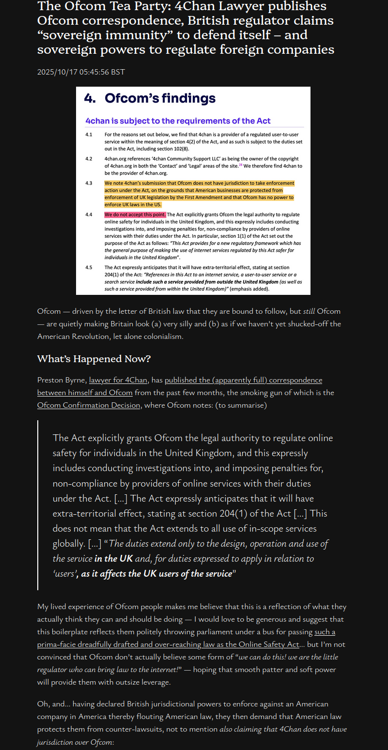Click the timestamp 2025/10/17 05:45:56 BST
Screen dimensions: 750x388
coord(81,72)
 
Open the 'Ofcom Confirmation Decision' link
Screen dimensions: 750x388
coord(89,405)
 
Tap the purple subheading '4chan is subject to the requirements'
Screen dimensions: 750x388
coord(178,121)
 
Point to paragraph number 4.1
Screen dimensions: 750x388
coord(89,134)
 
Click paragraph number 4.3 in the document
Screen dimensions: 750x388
coord(89,184)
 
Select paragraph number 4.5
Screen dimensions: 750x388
coord(89,268)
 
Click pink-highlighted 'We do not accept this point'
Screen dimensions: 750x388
coord(135,214)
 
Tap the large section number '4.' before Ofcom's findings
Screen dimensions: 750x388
coord(90,99)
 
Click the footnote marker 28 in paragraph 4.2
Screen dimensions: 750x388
coord(241,165)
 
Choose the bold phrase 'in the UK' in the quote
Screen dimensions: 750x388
coord(113,558)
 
